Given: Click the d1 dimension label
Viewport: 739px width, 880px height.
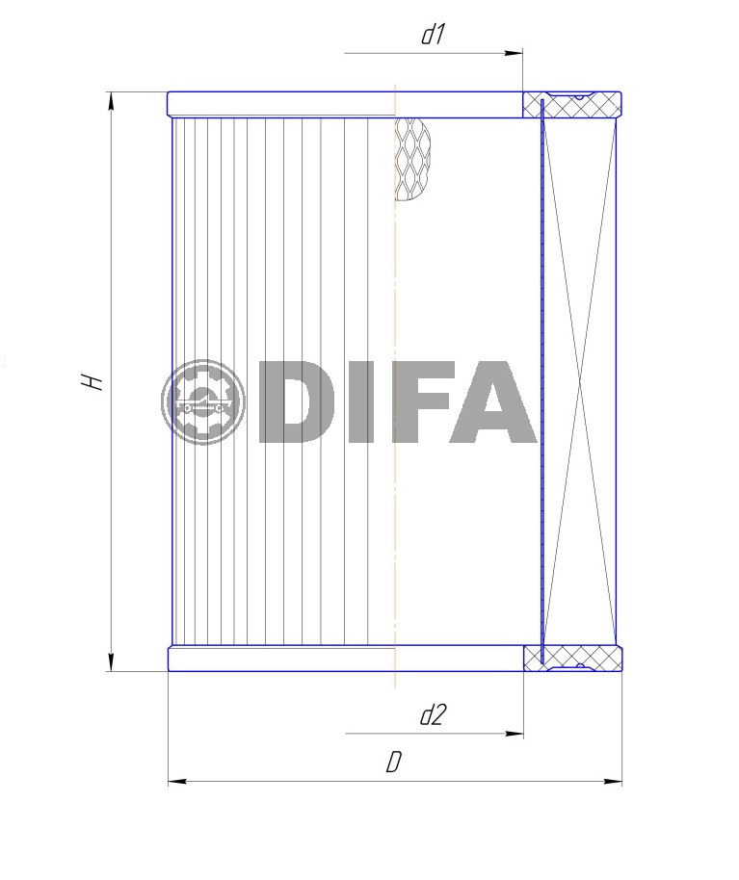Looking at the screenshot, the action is (x=433, y=35).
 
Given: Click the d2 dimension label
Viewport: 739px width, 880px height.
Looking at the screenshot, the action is (x=433, y=715).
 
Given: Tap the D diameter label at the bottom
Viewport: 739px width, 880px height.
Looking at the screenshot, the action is (x=394, y=763).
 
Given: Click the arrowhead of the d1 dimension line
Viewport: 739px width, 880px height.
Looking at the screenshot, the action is (x=514, y=53).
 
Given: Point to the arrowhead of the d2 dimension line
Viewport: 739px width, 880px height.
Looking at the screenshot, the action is (x=515, y=734).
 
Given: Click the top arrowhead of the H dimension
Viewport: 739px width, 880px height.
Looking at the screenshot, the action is (x=112, y=102).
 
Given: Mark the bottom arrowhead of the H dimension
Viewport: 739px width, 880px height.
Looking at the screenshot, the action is (x=112, y=661).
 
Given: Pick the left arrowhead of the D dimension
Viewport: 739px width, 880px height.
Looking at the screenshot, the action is (x=177, y=781).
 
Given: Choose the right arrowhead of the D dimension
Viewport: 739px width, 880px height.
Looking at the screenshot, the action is (x=613, y=781).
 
